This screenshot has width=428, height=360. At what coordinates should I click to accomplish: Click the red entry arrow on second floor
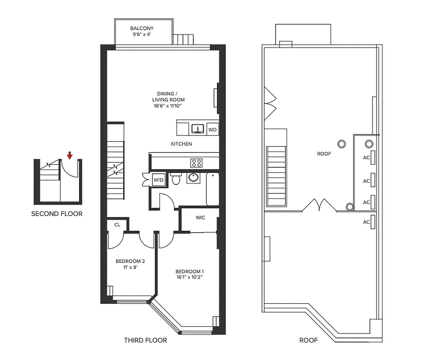tap(69, 156)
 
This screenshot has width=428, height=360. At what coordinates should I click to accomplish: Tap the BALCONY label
tap(142, 28)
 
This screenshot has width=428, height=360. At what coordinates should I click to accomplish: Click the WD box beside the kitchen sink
tap(213, 130)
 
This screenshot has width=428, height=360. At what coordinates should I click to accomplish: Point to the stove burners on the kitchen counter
tap(196, 163)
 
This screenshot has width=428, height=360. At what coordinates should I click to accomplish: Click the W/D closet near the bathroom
tap(158, 180)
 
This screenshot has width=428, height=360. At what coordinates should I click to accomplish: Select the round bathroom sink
tap(194, 178)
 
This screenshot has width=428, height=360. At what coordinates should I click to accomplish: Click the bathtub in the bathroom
tap(212, 189)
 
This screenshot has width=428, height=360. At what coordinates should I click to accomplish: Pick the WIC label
tap(201, 218)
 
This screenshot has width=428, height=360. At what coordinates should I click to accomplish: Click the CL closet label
tap(117, 224)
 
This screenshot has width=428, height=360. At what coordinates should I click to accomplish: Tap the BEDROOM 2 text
tap(130, 261)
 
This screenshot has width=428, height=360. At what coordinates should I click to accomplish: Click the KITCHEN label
tap(182, 144)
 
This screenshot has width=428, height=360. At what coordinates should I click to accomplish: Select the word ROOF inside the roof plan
tap(324, 154)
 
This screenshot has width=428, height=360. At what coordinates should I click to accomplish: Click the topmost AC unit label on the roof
tap(366, 158)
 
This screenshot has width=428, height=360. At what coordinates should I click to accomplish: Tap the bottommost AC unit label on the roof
tap(366, 222)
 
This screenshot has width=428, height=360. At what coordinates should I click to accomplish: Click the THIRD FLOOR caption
tap(145, 340)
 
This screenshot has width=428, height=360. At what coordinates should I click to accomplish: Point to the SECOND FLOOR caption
tap(57, 214)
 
